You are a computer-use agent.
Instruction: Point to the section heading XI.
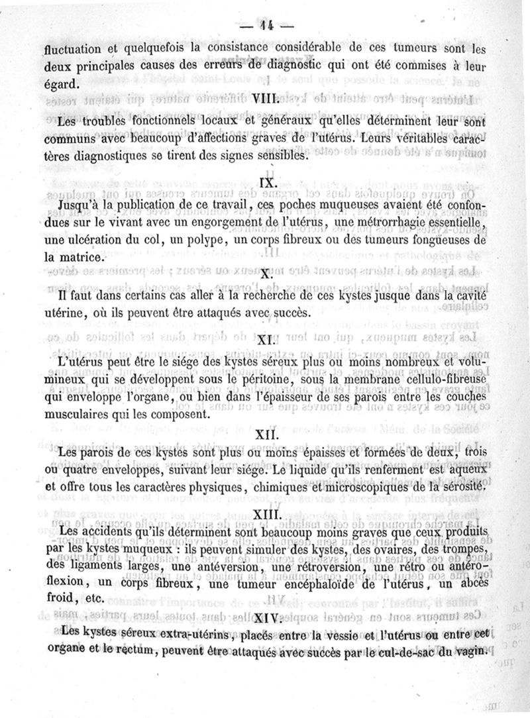[x=266, y=342]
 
